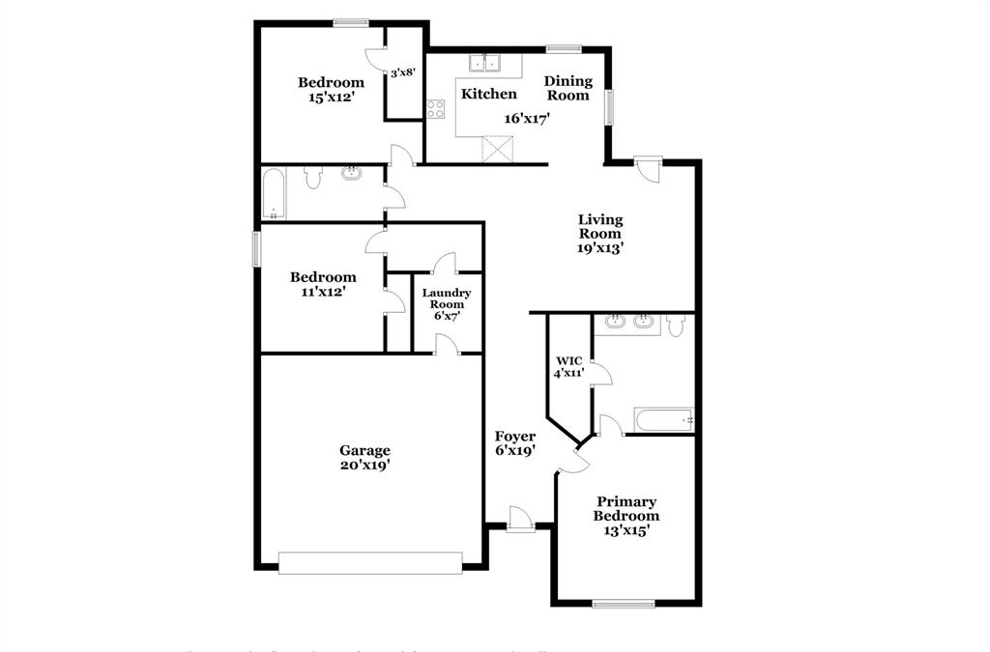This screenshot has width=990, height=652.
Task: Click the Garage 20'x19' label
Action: pos(364,458)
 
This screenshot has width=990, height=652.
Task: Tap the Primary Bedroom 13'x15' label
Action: pos(626,516)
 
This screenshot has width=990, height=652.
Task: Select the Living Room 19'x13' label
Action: pos(599,233)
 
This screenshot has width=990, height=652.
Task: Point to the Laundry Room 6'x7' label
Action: pos(447,303)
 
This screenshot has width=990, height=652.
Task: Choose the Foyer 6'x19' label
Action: pos(514,443)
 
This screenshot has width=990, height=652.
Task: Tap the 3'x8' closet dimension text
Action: pos(403,72)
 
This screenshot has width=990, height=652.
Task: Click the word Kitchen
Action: pos(488,94)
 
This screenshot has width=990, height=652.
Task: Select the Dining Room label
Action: pos(568,88)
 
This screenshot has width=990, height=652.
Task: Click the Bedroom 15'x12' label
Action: pos(331,89)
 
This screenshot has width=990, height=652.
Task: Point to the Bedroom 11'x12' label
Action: pos(323,284)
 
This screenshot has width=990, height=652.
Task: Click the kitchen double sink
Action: pos(485,64)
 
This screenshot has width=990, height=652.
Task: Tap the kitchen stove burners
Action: pos(436,109)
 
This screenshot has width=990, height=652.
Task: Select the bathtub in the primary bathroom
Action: pos(663,420)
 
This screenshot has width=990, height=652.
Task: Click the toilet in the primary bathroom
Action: pos(675,326)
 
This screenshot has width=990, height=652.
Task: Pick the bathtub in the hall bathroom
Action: pos(273,193)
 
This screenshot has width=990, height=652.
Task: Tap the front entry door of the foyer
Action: pos(520,521)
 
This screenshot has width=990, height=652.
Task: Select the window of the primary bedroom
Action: pos(623,605)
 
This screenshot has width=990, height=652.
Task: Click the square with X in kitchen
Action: pos(499,151)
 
